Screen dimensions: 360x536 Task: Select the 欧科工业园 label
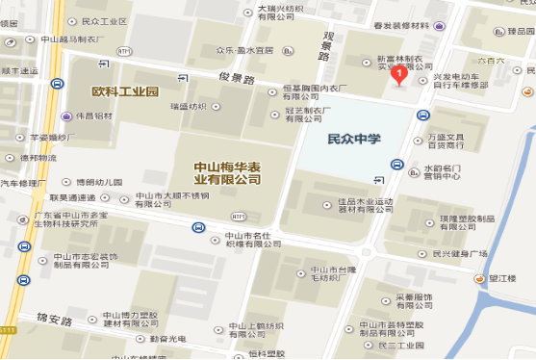[x=125, y=91]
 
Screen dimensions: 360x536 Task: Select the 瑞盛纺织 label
[x=187, y=106]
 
